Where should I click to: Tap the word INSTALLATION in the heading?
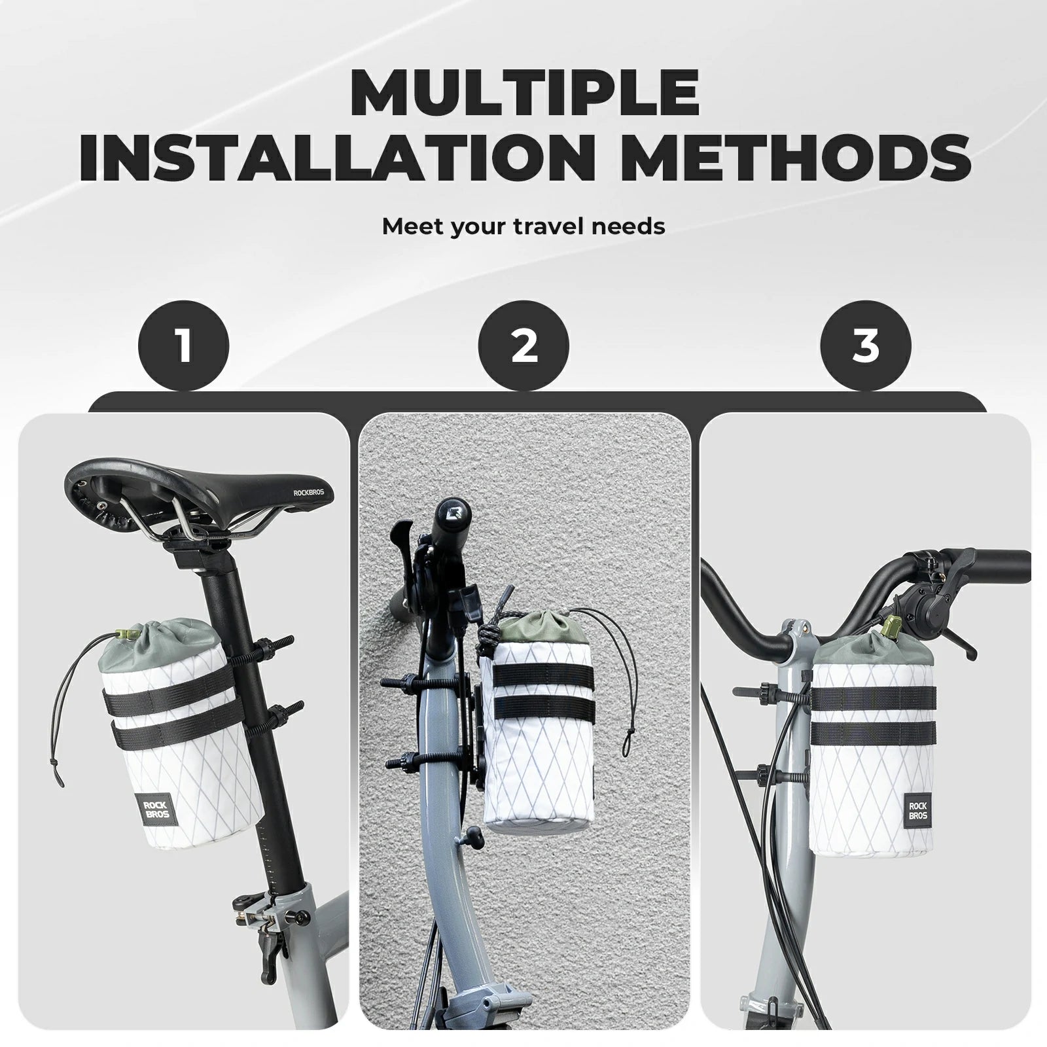302,157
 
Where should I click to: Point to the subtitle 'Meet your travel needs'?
523,226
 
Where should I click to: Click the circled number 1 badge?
183,346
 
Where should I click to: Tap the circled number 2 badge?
523,346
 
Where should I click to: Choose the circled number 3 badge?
865,346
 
